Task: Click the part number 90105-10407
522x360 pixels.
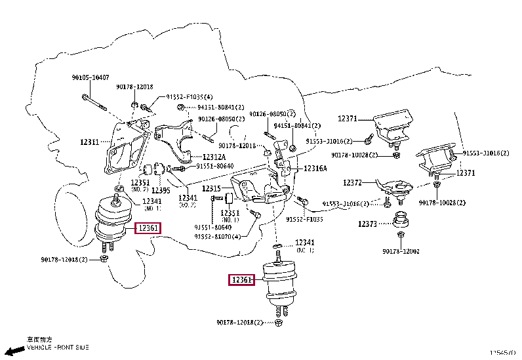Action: point(90,77)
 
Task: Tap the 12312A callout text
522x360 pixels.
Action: point(214,157)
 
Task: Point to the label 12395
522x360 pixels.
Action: point(161,190)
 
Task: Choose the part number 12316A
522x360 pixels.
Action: point(315,169)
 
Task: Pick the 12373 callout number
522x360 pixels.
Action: point(367,224)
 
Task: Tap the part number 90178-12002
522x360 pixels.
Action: point(401,251)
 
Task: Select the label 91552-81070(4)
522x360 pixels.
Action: point(217,236)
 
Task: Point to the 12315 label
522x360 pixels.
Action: point(212,189)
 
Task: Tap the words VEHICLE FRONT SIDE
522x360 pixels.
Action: point(58,347)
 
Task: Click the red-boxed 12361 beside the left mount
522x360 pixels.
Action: point(147,228)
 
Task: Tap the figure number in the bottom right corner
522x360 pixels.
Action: point(504,353)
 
